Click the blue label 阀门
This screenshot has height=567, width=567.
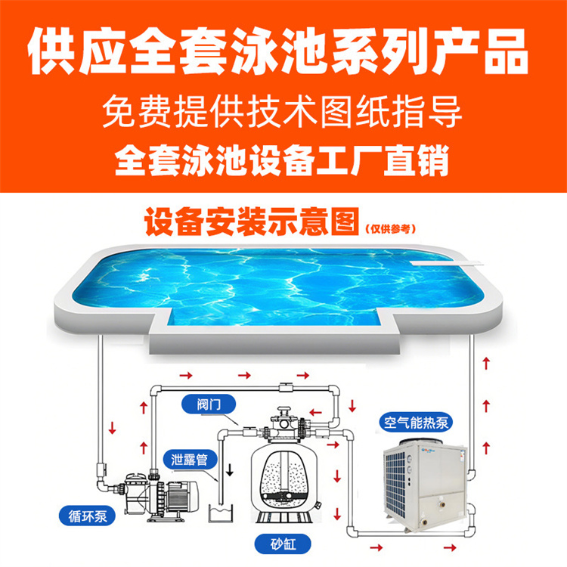pos(209,404)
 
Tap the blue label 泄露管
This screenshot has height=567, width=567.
pos(189,460)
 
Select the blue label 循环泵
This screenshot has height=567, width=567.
pos(88,516)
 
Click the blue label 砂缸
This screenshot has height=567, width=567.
pos(283,544)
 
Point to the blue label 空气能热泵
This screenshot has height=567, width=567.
pos(416,423)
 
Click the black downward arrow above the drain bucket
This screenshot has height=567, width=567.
pos(229,469)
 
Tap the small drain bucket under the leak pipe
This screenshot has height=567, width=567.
pos(221,513)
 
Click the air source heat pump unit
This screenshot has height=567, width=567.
pos(425,485)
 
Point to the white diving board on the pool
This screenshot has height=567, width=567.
pos(448,263)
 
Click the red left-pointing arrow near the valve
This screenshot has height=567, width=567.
pos(316,412)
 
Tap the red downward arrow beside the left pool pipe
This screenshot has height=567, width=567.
pos(112,428)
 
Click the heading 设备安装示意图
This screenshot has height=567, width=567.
pos(252,222)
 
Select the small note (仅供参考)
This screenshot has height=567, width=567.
pos(391,229)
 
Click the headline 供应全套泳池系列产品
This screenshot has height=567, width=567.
pos(278,51)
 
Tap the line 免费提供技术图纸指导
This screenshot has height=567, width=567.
pos(282,111)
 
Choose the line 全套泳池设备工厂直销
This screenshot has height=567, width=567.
pos(282,160)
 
